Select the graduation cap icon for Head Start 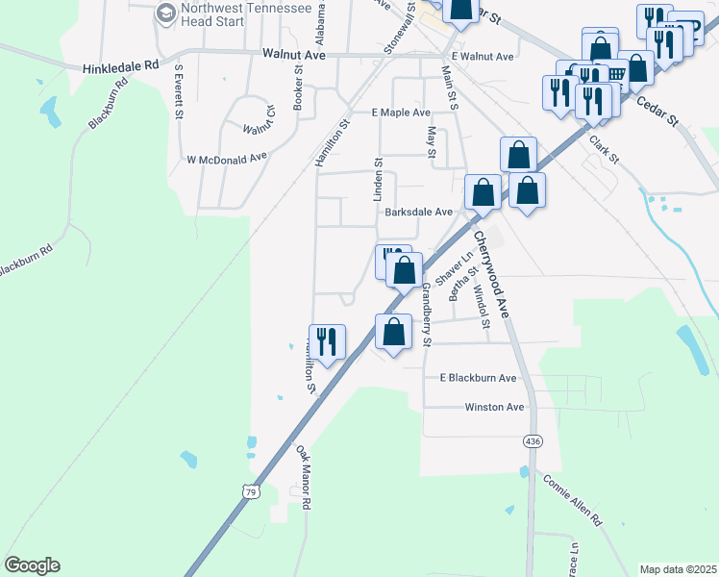164,13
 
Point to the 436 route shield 532,440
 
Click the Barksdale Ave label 418,212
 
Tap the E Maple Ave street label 401,113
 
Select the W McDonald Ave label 226,159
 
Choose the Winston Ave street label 494,407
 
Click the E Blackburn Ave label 478,378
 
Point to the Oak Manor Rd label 303,476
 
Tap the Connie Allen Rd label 572,499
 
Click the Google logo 32,565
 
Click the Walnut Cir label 258,128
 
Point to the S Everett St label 179,92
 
